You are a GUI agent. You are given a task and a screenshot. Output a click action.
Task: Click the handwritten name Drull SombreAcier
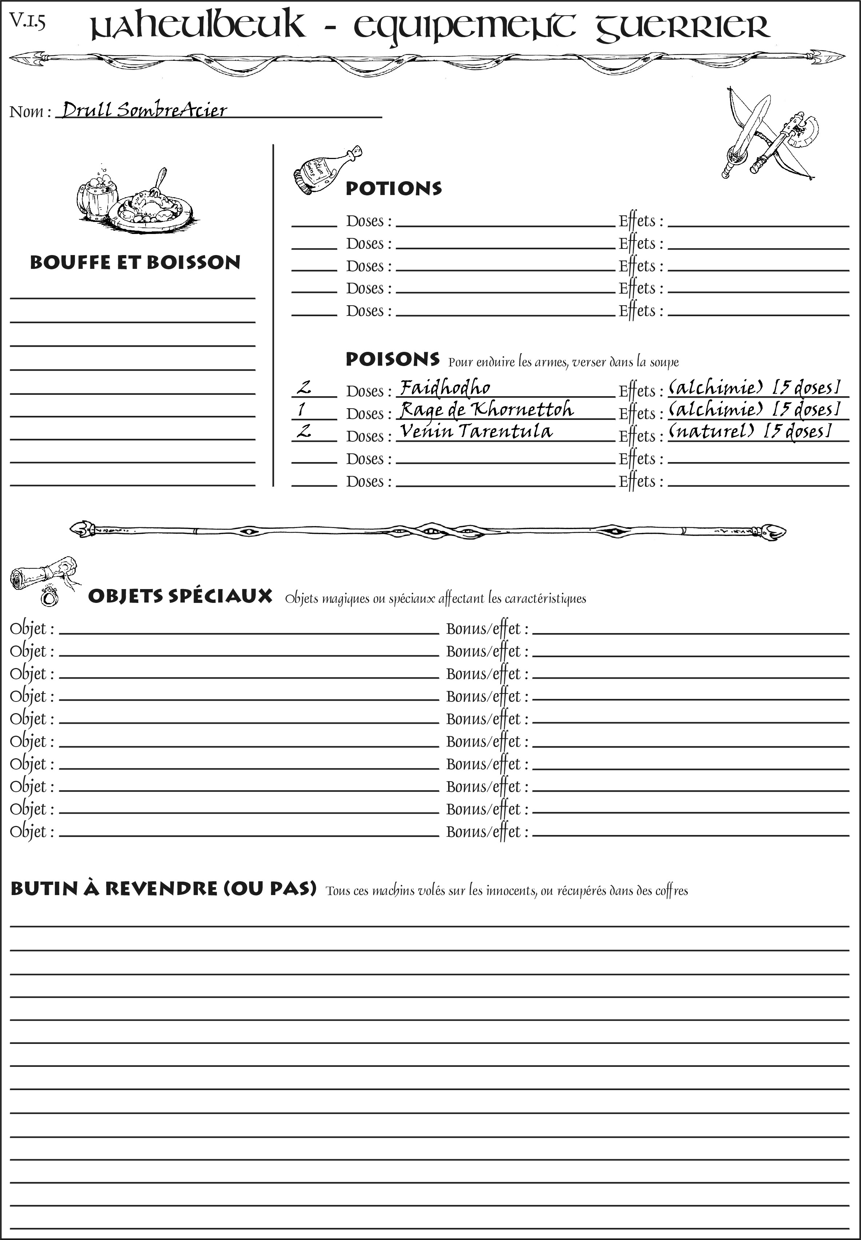pos(144,110)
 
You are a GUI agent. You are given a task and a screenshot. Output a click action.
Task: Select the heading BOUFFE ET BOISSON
pos(135,263)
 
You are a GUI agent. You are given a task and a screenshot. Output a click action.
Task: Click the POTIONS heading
pos(393,189)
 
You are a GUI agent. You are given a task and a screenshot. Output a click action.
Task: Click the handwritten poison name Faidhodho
pos(445,388)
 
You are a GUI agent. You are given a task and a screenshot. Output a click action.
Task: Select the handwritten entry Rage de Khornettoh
pos(486,410)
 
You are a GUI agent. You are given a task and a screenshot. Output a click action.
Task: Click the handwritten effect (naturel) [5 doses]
pos(750,431)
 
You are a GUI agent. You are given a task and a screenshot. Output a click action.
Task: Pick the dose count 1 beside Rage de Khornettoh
pos(301,410)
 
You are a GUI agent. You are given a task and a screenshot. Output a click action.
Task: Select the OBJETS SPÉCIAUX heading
pos(180,596)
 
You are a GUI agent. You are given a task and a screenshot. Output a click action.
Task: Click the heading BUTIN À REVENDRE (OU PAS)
pos(163,888)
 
